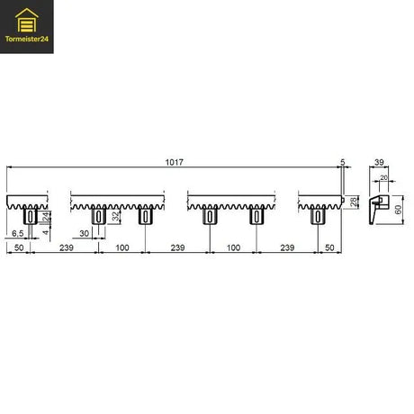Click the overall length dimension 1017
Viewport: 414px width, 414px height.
[x=174, y=162]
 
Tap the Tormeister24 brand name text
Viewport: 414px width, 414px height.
[x=27, y=39]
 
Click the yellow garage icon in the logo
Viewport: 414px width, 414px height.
[x=27, y=20]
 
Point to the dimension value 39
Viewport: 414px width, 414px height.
[x=379, y=162]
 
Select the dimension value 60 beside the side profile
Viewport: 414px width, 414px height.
[x=398, y=210]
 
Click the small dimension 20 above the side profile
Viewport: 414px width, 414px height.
[x=383, y=178]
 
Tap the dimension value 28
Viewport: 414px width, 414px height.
[x=354, y=202]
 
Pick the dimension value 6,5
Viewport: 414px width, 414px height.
[x=17, y=233]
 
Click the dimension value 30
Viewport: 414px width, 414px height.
[x=85, y=233]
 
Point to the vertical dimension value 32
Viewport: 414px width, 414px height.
[x=115, y=216]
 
